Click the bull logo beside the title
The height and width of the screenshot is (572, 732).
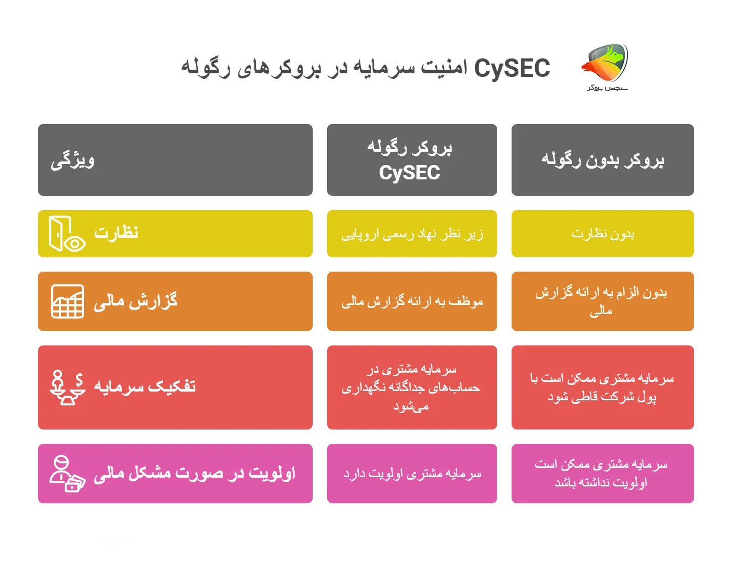coord(606,64)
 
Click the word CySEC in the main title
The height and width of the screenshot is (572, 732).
coord(512,68)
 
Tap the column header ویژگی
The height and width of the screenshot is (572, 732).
coord(73,160)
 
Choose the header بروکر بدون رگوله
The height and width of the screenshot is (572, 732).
coord(602,160)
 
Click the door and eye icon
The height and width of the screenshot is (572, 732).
coord(67,234)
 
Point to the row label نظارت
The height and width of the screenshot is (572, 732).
coord(116,233)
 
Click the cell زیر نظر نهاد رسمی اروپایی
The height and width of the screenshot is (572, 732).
coord(412,234)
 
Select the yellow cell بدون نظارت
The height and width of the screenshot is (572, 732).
coord(602,234)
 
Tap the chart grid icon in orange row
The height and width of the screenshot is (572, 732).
coord(68,301)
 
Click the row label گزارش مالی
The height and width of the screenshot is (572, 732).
coord(136,301)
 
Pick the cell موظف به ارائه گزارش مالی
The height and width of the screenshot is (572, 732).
coord(412,301)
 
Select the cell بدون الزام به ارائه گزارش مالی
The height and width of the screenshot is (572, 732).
coord(602,301)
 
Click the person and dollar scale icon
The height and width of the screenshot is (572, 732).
coord(67,387)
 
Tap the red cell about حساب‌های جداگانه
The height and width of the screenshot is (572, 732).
coord(412,387)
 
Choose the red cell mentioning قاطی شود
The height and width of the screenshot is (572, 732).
coord(602,387)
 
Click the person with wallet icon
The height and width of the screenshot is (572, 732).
coord(67,474)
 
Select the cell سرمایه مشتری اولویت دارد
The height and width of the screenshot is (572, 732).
coord(412,474)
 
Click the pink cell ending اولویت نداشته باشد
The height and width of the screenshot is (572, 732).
coord(602,474)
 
